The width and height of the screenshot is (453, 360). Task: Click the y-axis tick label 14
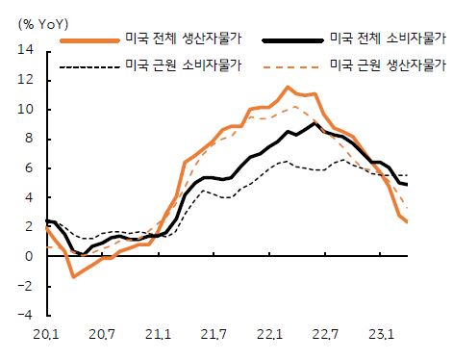point(27,50)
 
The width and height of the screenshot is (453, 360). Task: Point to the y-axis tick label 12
point(27,80)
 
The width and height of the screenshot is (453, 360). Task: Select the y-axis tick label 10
point(27,110)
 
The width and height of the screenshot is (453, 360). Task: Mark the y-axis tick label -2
point(27,287)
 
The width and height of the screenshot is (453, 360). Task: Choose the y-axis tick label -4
point(27,316)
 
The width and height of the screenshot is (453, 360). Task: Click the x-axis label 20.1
point(46,334)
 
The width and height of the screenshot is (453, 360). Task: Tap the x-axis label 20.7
point(102,334)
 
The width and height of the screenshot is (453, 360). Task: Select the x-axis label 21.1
point(159,334)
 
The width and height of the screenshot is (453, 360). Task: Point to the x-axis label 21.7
point(214,334)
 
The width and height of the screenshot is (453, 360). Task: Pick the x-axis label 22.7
point(327,334)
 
